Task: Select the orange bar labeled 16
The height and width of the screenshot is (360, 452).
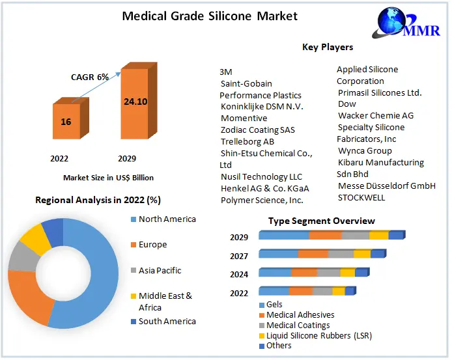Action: click(x=66, y=122)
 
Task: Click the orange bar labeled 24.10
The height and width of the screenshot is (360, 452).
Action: click(x=134, y=102)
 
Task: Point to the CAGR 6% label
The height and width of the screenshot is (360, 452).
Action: click(x=91, y=77)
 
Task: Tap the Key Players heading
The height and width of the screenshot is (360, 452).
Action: click(x=328, y=47)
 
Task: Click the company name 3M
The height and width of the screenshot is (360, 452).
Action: click(x=226, y=72)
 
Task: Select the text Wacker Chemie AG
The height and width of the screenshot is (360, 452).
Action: click(x=376, y=116)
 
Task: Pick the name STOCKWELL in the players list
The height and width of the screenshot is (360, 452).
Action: click(x=361, y=198)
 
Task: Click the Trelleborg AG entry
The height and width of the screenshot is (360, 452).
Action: click(x=247, y=142)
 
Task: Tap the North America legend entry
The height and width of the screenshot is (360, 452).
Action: click(x=167, y=219)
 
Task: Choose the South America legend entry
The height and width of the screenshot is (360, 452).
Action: click(x=167, y=322)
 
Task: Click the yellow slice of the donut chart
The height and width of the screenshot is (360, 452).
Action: click(x=36, y=240)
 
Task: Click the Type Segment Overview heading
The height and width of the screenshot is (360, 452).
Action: click(x=313, y=221)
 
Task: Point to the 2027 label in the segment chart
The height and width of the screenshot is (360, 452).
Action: click(x=239, y=256)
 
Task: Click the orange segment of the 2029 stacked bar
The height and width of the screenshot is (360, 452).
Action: click(x=325, y=236)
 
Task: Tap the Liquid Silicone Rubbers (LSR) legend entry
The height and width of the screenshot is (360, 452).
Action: click(x=318, y=335)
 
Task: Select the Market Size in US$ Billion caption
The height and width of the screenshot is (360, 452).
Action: click(x=108, y=177)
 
